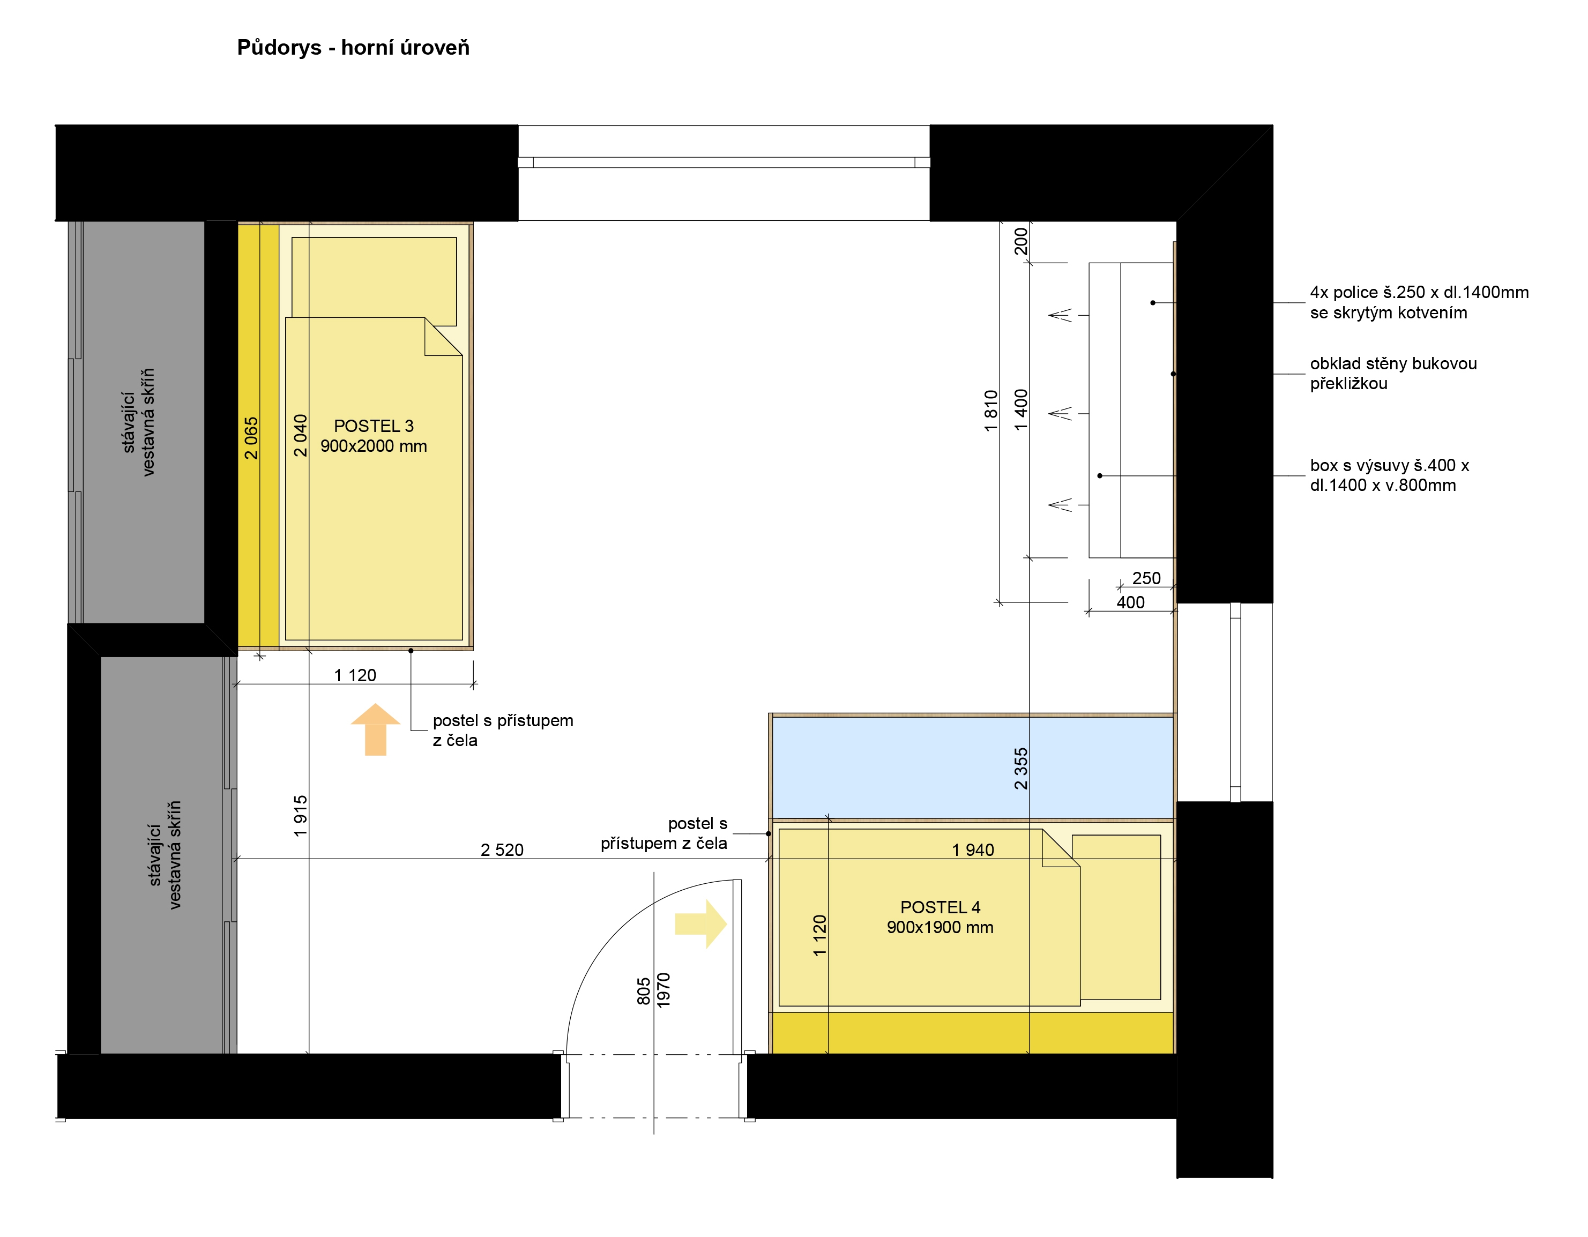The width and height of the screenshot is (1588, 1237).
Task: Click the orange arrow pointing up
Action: [375, 729]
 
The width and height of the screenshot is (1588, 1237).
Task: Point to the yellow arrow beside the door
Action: [701, 923]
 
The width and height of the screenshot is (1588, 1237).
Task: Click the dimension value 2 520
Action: [502, 850]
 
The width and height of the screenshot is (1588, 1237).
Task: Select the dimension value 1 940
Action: [973, 850]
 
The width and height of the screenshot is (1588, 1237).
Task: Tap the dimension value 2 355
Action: [1021, 769]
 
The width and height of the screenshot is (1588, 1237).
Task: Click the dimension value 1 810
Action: [991, 411]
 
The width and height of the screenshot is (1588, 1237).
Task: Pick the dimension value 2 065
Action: [251, 438]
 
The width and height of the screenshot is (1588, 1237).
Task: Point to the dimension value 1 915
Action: [300, 816]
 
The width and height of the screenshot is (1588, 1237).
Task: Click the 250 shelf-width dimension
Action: [1146, 578]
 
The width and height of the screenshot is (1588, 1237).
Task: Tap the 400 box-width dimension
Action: [1131, 602]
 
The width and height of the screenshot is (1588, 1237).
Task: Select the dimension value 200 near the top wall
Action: [1021, 241]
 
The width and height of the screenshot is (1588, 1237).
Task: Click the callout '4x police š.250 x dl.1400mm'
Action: [1419, 292]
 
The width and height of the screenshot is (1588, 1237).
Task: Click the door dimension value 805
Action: [644, 991]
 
